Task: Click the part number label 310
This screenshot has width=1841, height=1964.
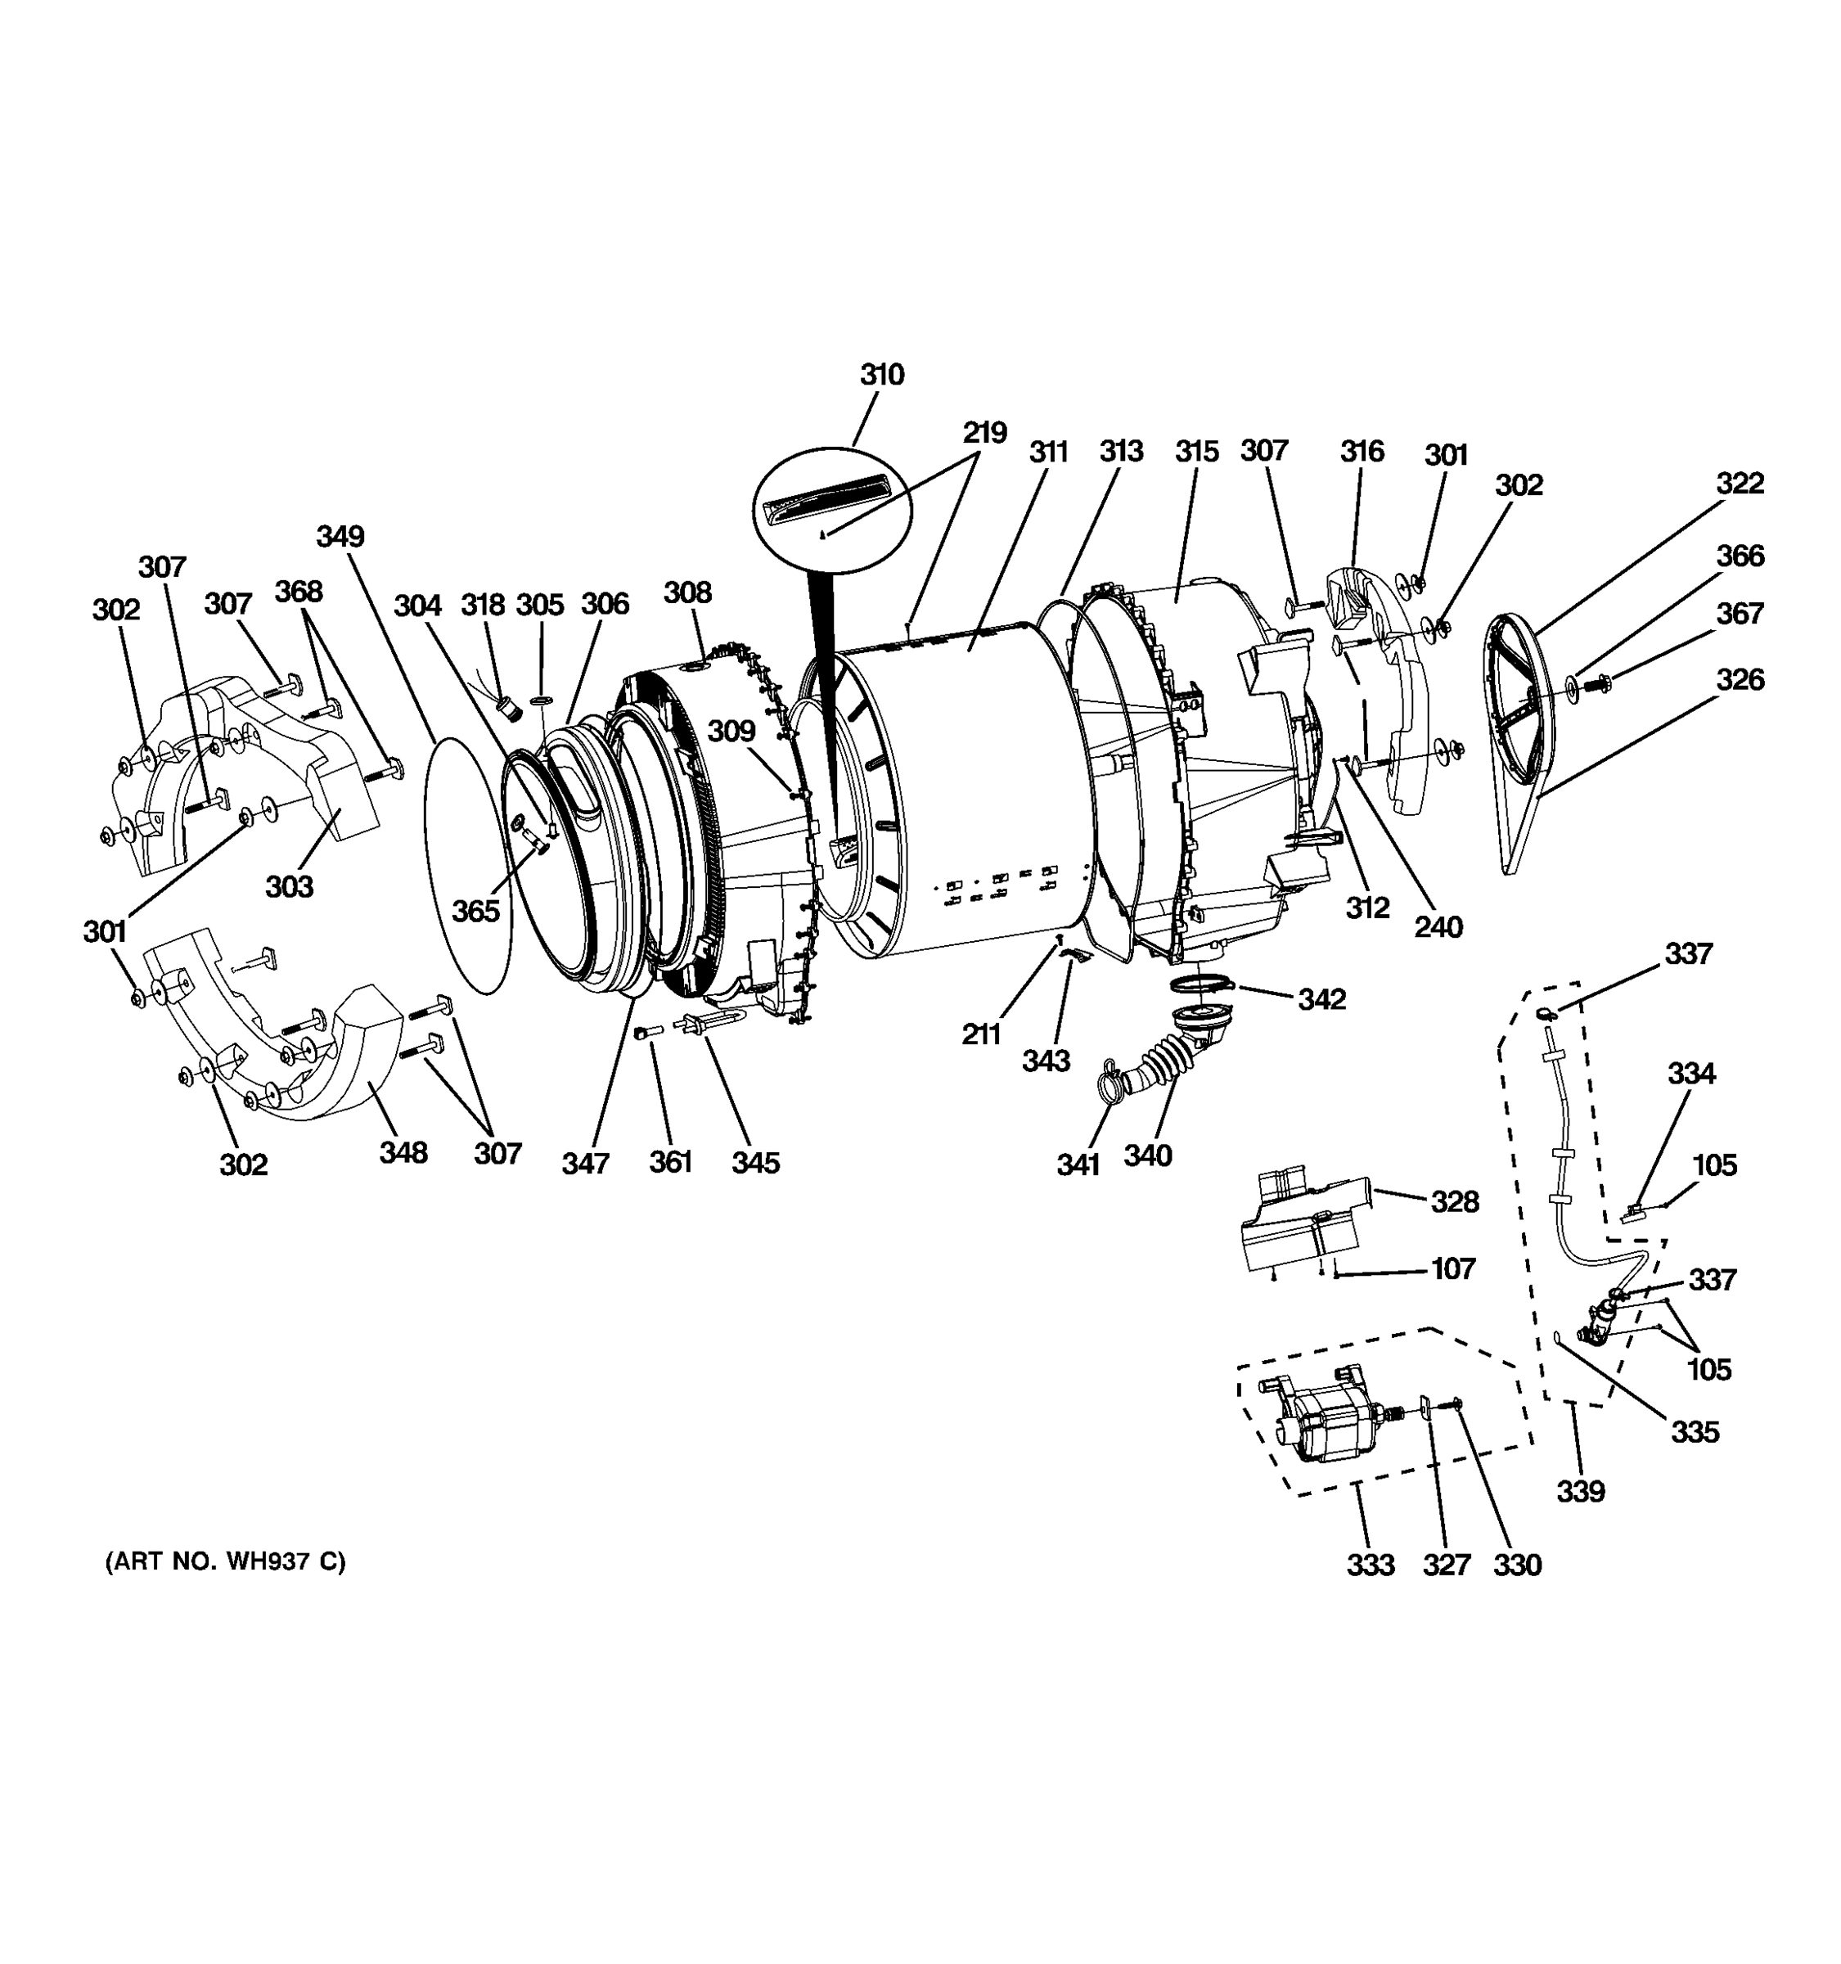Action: (x=881, y=376)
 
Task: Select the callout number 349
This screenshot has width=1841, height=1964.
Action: (x=340, y=537)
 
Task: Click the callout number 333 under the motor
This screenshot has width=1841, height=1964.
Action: (x=1370, y=1565)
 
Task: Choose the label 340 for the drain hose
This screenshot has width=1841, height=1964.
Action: (x=1146, y=1155)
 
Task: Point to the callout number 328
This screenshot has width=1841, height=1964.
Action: (x=1455, y=1202)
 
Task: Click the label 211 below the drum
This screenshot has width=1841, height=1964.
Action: (x=981, y=1034)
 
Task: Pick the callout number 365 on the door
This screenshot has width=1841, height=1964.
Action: (x=475, y=911)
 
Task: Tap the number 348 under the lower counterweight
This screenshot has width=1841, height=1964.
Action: (x=403, y=1152)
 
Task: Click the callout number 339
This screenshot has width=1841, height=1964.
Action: (x=1580, y=1491)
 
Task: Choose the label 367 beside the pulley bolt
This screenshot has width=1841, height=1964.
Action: (x=1738, y=614)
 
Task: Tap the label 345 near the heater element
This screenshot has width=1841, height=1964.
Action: (x=755, y=1163)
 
